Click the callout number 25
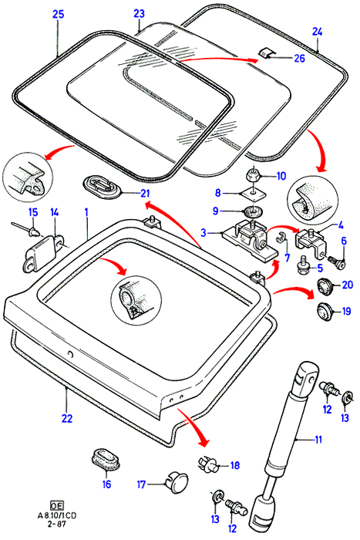(58, 15)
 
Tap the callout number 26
(299, 58)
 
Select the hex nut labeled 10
(254, 175)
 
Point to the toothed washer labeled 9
(254, 211)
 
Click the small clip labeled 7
(281, 237)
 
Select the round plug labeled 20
(325, 286)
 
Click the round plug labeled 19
(325, 312)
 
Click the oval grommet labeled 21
(103, 186)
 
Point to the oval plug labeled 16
(106, 459)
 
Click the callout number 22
(67, 418)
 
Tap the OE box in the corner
(57, 505)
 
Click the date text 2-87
(57, 524)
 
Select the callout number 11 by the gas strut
(318, 440)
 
